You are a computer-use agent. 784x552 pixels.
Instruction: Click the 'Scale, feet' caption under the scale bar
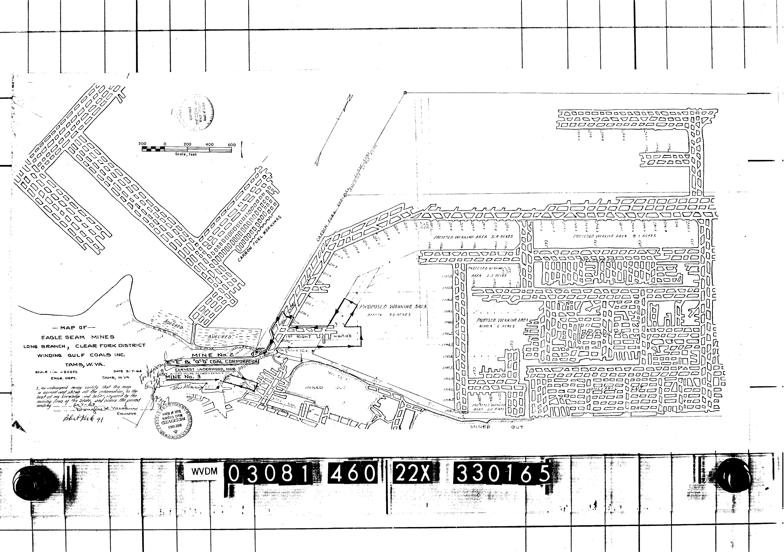186,154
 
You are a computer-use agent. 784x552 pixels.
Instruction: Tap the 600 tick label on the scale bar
232,145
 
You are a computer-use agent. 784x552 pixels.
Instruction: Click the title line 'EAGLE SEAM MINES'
78,337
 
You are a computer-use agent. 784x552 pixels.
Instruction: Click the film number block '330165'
501,474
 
